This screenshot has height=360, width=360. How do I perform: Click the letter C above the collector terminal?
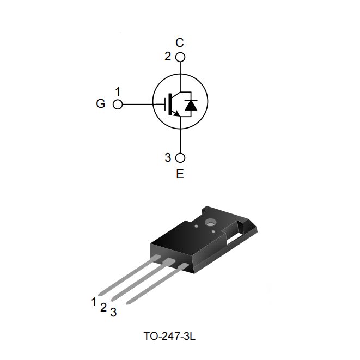coord(180,42)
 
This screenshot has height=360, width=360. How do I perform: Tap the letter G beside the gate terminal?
coord(100,103)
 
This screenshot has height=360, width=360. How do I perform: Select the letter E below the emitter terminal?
coord(180,175)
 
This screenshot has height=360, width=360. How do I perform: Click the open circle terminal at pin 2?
coord(180,57)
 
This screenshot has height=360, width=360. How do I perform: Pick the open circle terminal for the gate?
coord(117,104)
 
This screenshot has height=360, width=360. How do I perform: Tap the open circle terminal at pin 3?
coord(180,158)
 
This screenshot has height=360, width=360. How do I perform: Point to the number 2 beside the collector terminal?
coord(168,56)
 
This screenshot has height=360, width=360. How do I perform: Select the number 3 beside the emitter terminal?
coord(168,158)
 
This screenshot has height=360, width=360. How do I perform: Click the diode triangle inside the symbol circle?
coord(190,106)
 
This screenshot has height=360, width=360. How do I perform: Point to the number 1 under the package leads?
coord(94,301)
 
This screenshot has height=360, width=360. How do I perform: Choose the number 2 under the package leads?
coord(103,307)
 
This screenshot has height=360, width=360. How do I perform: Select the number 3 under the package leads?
coord(113,312)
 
